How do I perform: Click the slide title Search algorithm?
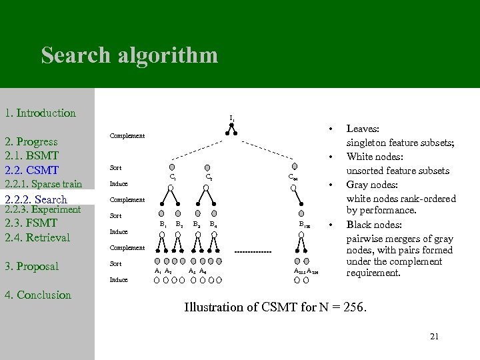click(129, 55)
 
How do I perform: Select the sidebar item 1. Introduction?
click(40, 113)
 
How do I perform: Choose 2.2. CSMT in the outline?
click(32, 170)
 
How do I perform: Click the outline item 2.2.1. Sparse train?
click(43, 184)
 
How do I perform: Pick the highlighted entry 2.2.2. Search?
click(36, 199)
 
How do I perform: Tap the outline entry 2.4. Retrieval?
click(37, 237)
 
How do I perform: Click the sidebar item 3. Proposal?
click(32, 267)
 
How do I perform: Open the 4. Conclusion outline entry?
click(38, 295)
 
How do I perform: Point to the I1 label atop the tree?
click(231, 119)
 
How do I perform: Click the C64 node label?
click(293, 177)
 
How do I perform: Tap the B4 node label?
click(213, 225)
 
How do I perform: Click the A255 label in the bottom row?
click(299, 271)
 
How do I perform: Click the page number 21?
click(434, 336)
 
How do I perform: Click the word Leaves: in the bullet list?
click(363, 128)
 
